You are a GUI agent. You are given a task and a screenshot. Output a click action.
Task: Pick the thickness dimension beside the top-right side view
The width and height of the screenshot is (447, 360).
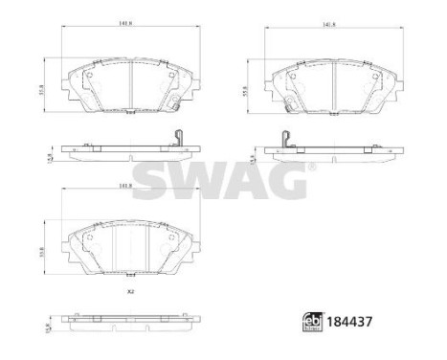coord(253,155)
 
